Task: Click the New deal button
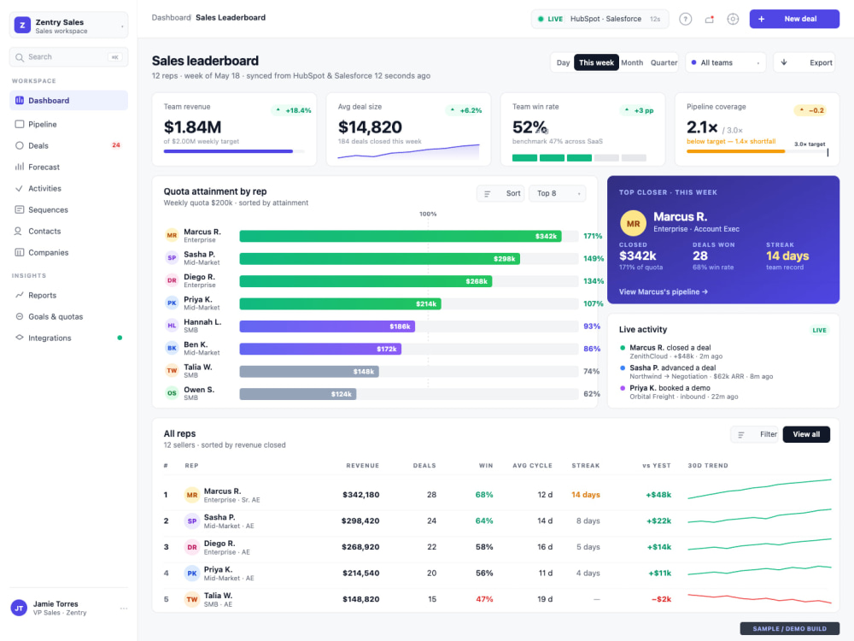click(794, 19)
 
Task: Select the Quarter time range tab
click(664, 62)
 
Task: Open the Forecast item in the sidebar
click(44, 167)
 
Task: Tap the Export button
click(806, 62)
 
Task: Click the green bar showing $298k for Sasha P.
click(380, 258)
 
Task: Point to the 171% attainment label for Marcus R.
click(593, 236)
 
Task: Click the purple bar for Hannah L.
click(327, 326)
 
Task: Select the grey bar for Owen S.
click(298, 394)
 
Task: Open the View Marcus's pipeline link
click(664, 291)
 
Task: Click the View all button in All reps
click(806, 434)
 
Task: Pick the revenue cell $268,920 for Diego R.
click(360, 547)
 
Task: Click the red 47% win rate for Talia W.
click(484, 599)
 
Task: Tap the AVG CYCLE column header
click(532, 466)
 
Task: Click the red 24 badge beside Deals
click(116, 145)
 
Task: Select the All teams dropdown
click(725, 62)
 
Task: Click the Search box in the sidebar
click(68, 56)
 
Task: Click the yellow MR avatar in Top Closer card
click(633, 223)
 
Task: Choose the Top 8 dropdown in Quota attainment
click(557, 193)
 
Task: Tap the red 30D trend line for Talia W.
click(759, 598)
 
